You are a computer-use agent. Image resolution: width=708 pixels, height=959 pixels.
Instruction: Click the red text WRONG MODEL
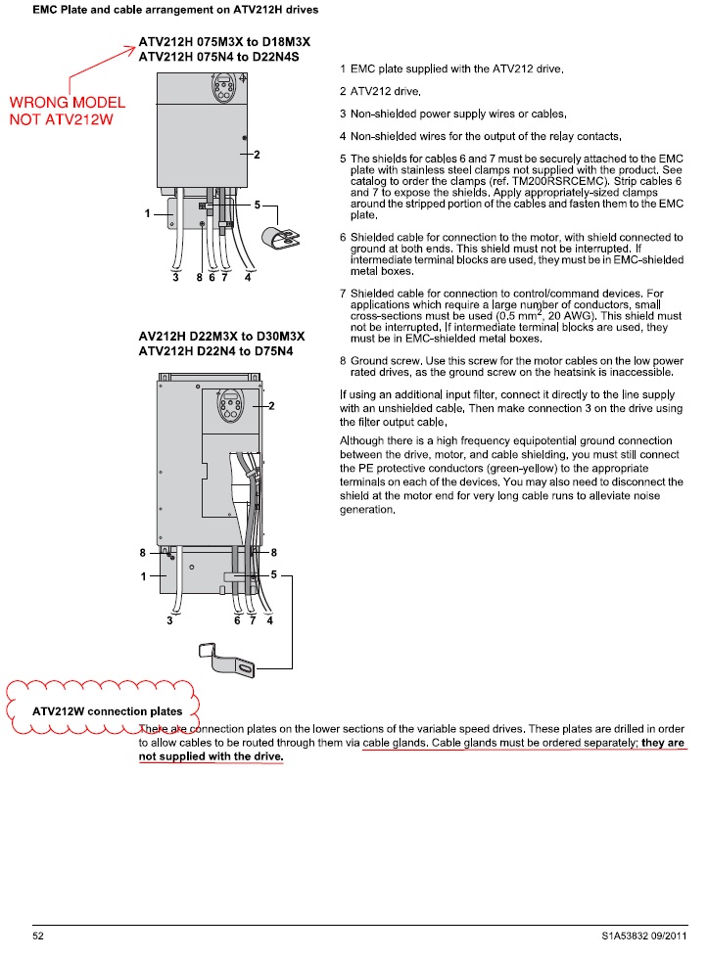[67, 102]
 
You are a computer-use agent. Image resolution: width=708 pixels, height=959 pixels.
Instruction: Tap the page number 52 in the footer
[39, 936]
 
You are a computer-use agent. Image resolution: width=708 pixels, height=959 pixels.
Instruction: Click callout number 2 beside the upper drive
[257, 155]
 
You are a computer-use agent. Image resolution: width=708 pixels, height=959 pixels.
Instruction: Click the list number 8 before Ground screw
[343, 361]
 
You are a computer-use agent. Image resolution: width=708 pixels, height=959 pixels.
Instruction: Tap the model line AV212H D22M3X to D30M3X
[222, 337]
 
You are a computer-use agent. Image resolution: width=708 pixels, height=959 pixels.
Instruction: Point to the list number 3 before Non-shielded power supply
[343, 114]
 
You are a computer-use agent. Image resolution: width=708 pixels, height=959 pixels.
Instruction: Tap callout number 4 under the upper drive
[248, 278]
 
